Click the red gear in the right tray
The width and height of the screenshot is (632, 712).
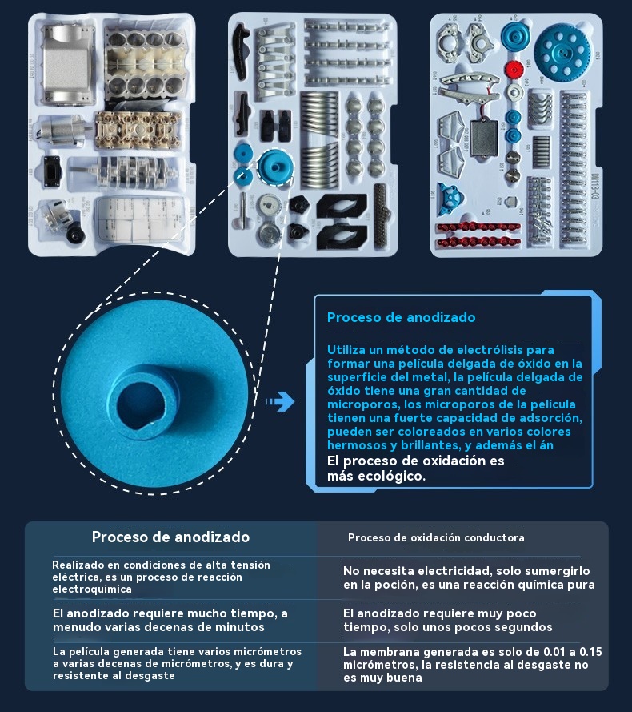coord(514,70)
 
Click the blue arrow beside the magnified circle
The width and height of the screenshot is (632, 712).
coord(280,401)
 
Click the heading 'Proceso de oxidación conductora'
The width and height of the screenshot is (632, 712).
coord(436,537)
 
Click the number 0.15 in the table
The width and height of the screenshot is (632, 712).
coord(590,652)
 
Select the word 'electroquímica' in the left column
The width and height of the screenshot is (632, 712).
coord(92,589)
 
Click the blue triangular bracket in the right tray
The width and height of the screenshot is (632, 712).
coord(450,199)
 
